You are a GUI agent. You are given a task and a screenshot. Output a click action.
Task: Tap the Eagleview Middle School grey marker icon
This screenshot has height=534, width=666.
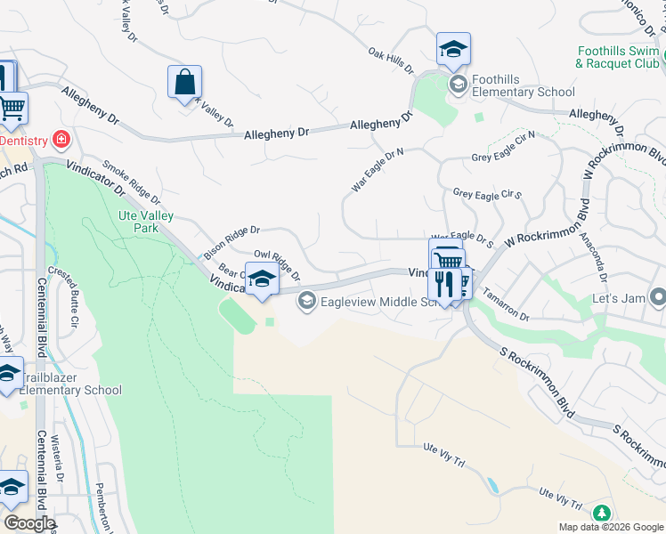(307, 301)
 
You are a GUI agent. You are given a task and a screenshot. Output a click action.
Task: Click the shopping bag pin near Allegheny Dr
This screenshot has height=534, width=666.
(184, 83)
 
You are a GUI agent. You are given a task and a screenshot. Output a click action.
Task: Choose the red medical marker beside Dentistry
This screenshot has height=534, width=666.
(61, 139)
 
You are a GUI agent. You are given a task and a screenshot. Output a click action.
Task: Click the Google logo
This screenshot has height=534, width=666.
(28, 522)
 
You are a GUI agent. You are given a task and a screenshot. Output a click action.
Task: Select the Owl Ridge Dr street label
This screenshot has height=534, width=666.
(277, 264)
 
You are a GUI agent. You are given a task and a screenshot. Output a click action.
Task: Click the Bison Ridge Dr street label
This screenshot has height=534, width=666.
(231, 242)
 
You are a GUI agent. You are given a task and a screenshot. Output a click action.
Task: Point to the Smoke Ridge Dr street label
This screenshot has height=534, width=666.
(131, 182)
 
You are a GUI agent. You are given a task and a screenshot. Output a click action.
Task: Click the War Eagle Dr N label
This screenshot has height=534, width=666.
(378, 170)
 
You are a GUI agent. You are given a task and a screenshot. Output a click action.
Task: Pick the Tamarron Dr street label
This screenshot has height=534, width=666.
(508, 310)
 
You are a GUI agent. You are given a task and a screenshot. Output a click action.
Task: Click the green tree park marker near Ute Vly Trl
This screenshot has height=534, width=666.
(602, 514)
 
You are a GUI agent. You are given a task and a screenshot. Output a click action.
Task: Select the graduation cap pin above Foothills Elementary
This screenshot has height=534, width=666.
(453, 50)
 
